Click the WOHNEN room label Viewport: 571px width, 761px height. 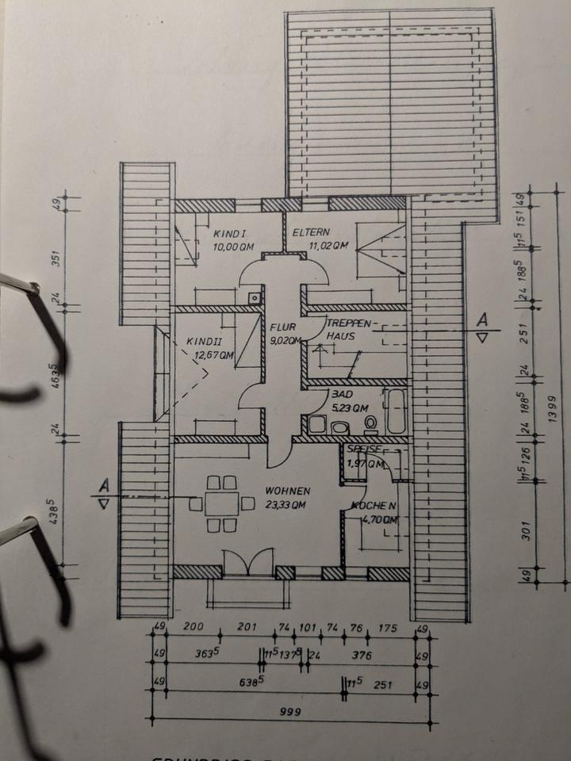pos(287,491)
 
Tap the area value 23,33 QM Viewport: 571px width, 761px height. pos(287,505)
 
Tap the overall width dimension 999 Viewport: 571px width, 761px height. pos(290,712)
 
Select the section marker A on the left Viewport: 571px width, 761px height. pos(103,484)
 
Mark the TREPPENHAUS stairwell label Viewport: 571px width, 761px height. pos(347,329)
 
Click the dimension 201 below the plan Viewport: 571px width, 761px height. pos(247,629)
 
